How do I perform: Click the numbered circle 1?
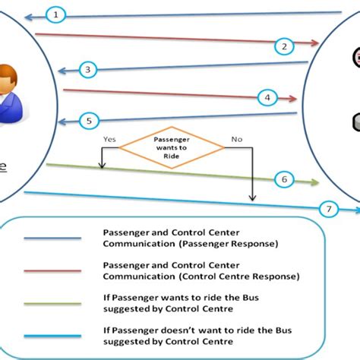(57, 14)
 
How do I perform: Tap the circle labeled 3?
(88, 70)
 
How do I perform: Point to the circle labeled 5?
(88, 120)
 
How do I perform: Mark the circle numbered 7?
(328, 207)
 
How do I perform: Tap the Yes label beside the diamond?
(109, 140)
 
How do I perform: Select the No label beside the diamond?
(236, 140)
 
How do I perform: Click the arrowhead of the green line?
(314, 182)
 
